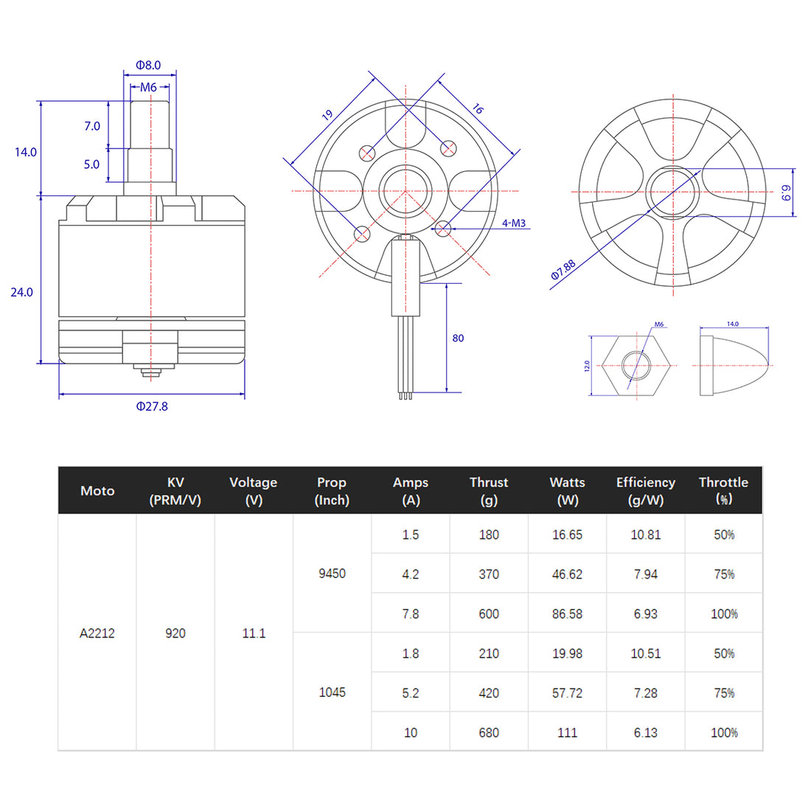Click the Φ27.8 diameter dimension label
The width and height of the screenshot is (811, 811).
[x=152, y=406]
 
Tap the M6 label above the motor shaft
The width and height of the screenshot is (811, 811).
[x=148, y=87]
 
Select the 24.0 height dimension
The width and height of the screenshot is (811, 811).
[x=21, y=292]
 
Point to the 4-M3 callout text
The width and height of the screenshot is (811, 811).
[x=514, y=223]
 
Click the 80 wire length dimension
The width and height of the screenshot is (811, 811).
[x=458, y=338]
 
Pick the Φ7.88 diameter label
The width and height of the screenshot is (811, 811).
[x=563, y=270]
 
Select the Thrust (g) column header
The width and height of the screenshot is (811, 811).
[x=489, y=490]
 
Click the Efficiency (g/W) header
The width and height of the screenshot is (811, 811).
[x=645, y=490]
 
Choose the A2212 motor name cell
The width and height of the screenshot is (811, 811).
[x=97, y=633]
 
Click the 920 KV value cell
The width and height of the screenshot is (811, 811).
[x=175, y=633]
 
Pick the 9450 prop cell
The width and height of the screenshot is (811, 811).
[x=332, y=574]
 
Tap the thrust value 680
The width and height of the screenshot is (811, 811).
[x=489, y=732]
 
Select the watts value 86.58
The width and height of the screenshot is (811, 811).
[x=567, y=613]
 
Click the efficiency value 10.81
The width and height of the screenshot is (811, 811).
[x=645, y=535]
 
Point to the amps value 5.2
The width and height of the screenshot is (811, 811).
[x=411, y=693]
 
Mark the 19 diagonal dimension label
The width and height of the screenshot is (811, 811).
[x=327, y=115]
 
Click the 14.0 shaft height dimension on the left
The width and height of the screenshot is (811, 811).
[x=25, y=152]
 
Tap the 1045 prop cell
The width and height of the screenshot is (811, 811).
[x=332, y=692]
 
